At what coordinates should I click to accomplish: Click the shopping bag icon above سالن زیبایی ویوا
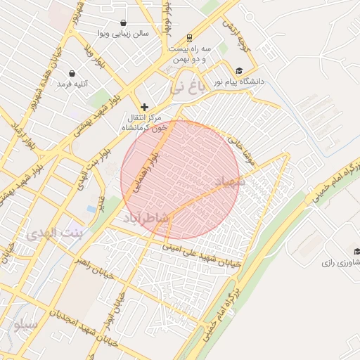(x=124, y=22)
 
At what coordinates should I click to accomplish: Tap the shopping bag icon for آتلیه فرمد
(x=72, y=73)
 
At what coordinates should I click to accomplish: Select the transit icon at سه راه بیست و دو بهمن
(x=188, y=38)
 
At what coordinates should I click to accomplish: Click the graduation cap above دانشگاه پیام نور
(x=239, y=71)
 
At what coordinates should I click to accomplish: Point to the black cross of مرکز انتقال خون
(x=144, y=107)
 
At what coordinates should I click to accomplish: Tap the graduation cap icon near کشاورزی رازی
(x=356, y=252)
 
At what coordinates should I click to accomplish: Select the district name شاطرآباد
(x=146, y=219)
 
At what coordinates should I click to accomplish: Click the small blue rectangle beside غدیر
(x=91, y=209)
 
